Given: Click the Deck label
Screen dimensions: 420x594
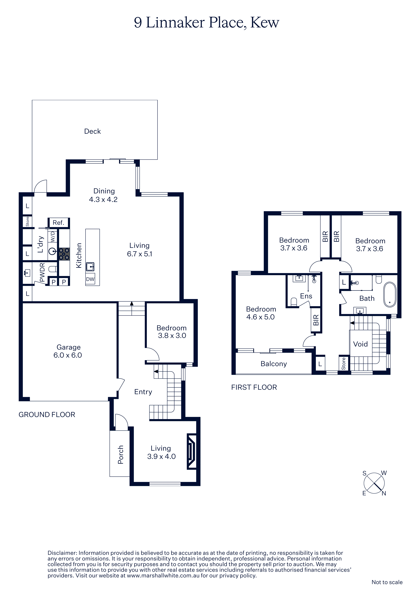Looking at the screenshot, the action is coord(92,131).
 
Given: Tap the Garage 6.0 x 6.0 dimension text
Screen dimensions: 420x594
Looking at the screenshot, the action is coord(68,355).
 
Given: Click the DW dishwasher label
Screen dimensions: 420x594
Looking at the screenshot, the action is coord(90,279).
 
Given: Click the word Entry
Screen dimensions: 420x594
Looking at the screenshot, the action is coord(143,392).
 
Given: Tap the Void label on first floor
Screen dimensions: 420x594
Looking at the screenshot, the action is coord(361,344).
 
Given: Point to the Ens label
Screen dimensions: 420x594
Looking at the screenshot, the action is coord(306,296).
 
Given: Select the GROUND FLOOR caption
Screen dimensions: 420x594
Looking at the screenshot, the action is coord(47,415).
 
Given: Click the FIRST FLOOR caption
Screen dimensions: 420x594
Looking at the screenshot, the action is coord(254,387).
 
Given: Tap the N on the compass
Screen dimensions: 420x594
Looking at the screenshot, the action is coord(384,493).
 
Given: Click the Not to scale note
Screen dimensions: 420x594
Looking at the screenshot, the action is coord(387,582).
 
